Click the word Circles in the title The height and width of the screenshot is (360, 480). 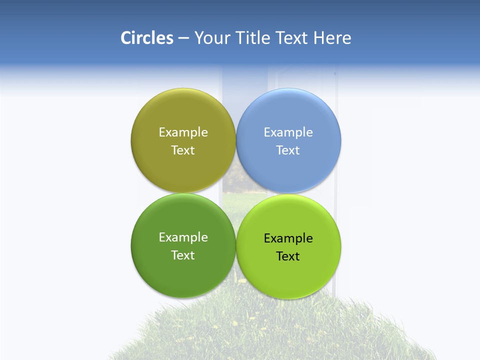coord(146,38)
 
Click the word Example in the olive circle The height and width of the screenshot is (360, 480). coord(183,132)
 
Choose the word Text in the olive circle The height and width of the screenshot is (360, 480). coord(183,150)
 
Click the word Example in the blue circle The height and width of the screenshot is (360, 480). coord(288,132)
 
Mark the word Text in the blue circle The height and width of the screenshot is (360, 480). coord(288,150)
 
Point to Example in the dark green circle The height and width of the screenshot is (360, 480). coord(183,237)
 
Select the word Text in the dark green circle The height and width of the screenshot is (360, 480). coord(183,255)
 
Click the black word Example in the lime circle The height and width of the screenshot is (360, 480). coord(288,238)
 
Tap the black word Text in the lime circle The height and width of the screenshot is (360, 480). coord(288,256)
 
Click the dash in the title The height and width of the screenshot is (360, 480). coord(183,38)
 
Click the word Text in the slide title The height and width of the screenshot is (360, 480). coord(291,38)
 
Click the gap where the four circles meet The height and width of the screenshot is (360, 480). coord(236,193)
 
